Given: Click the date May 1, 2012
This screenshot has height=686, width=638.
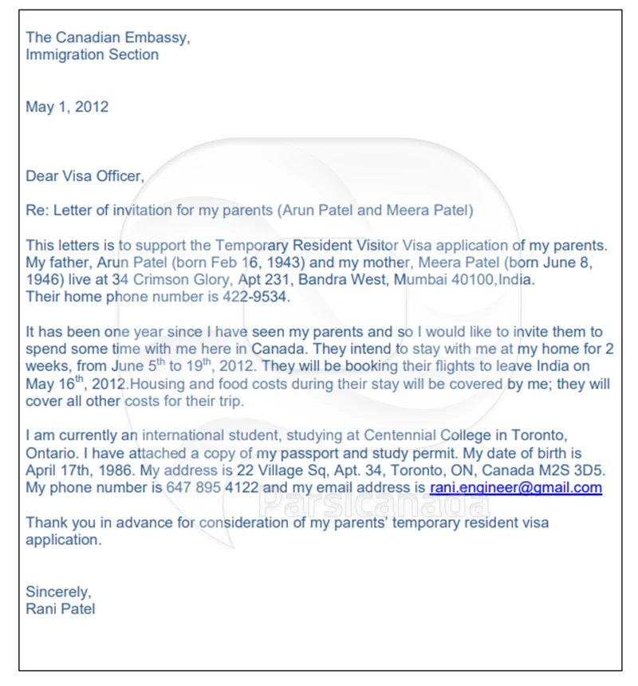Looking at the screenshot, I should coord(67,107).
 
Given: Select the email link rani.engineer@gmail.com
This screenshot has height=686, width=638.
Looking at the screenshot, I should coord(515,487).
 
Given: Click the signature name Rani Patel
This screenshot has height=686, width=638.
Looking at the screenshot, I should coord(61,609).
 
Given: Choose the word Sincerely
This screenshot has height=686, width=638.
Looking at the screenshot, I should coord(57,592).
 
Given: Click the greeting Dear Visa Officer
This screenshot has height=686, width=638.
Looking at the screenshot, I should coord(84,176).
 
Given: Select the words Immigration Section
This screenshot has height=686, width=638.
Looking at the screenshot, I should coord(92,55).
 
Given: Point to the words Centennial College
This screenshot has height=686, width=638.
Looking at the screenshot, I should coord(423,436).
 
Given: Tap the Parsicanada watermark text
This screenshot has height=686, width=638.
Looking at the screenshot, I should coord(375,502).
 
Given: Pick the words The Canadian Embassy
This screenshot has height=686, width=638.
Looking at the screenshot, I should coord(108,37).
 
